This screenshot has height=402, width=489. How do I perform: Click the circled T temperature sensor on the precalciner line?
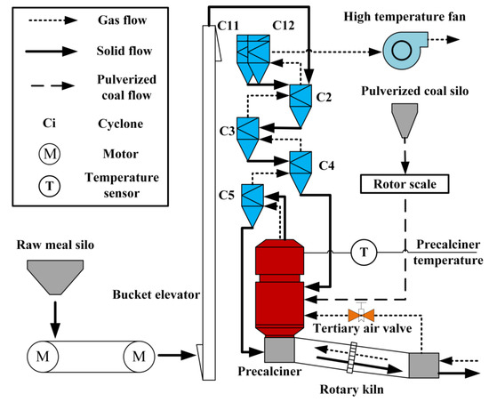coord(363,253)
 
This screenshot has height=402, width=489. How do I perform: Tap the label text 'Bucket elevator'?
coord(156,293)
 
